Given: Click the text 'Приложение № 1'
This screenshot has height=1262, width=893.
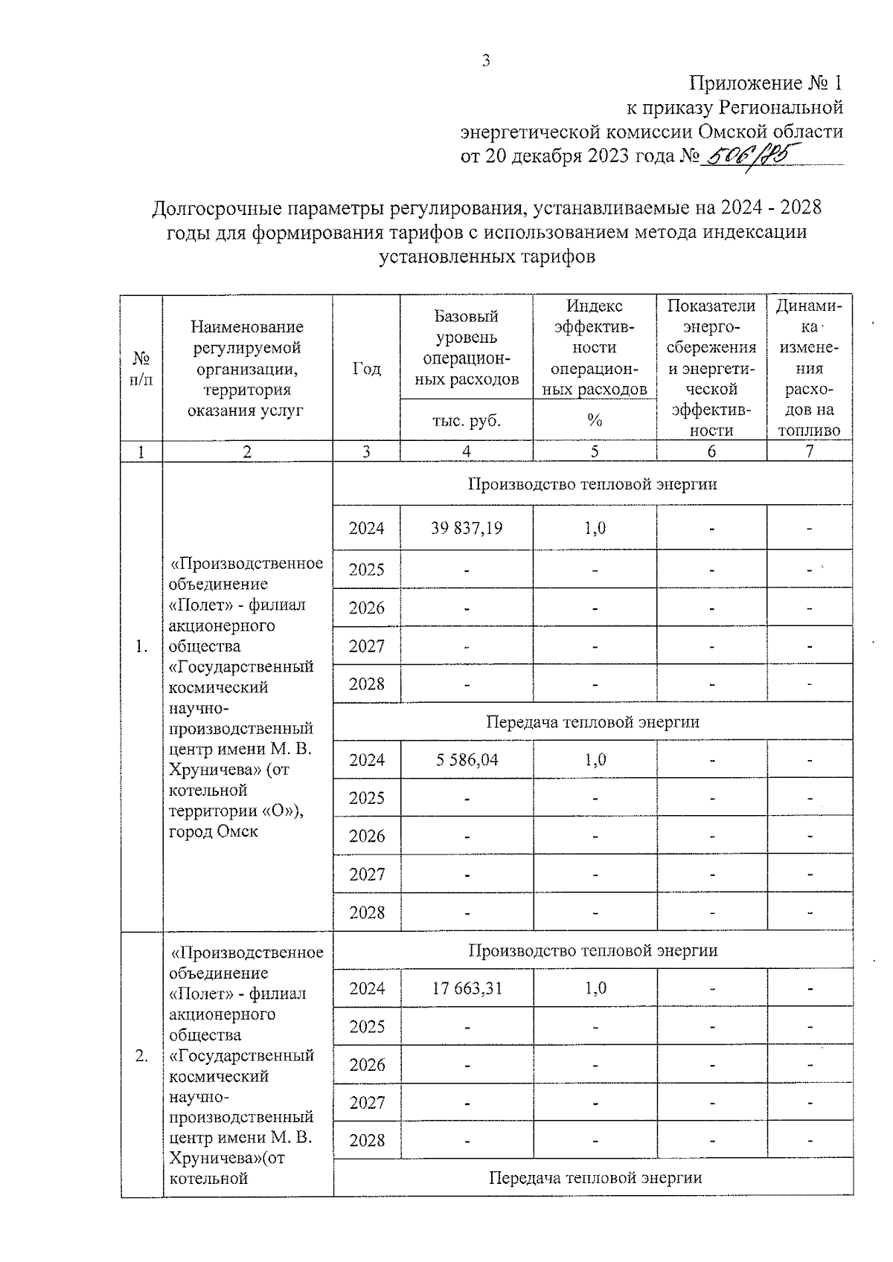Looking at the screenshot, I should [766, 83].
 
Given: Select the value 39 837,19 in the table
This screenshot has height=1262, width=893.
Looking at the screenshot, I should [466, 528].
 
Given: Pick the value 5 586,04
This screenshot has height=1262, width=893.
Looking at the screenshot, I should [466, 759].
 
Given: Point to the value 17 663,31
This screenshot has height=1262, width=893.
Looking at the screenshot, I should [466, 988].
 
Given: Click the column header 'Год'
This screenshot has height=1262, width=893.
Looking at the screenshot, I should [366, 369].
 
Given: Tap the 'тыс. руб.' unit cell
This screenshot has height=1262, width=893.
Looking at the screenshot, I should [466, 420].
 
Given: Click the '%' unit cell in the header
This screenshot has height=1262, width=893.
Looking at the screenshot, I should [594, 420].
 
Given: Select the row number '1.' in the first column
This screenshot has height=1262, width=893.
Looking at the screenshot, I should [141, 647].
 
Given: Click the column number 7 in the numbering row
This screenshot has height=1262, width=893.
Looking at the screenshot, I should [809, 451].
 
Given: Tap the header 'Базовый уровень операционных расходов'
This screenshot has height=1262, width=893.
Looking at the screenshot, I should [466, 347].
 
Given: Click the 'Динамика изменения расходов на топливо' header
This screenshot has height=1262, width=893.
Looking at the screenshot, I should [809, 367].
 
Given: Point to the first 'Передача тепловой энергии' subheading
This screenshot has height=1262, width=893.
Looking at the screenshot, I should [592, 721].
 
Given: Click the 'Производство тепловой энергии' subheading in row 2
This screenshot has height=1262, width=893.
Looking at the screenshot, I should [592, 950].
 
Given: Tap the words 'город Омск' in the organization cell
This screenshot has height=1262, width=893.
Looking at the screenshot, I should [214, 831].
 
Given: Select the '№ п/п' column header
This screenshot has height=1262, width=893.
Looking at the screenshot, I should [141, 369].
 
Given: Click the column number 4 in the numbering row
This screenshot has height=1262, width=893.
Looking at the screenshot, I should [466, 451].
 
